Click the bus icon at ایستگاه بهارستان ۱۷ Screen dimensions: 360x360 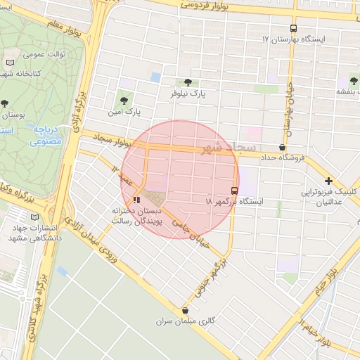tap(293, 28)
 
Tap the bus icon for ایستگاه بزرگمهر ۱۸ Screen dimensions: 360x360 tap(234, 190)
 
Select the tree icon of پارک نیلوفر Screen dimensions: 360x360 tap(186, 82)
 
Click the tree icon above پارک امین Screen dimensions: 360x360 tap(125, 101)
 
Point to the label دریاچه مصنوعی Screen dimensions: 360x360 tap(47, 135)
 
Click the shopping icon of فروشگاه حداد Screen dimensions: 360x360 tap(283, 147)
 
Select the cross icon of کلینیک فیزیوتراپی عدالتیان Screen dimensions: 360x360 tap(328, 181)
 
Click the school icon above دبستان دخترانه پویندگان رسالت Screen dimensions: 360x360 tap(136, 199)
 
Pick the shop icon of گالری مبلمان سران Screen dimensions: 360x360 tap(186, 310)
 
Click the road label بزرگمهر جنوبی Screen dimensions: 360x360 tap(214, 275)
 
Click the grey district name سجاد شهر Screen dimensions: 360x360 tap(221, 148)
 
